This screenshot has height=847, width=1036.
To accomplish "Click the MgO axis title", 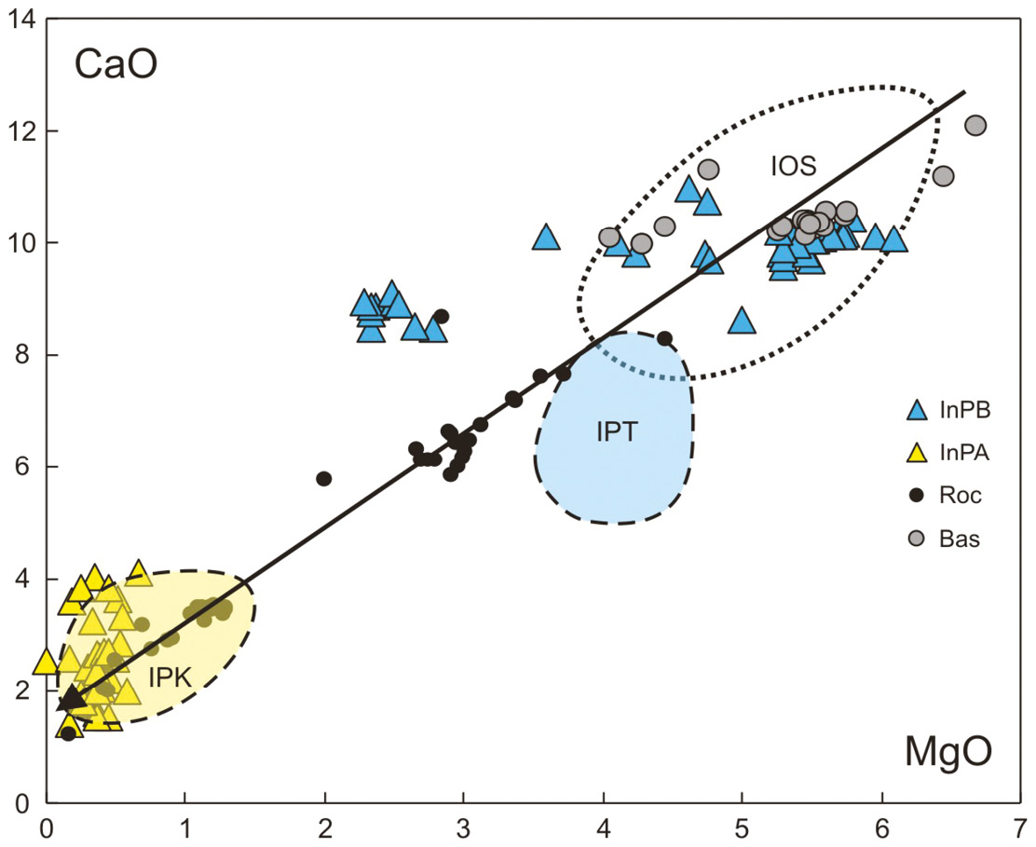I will coord(947,752).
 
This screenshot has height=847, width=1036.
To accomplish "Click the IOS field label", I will coord(793,167).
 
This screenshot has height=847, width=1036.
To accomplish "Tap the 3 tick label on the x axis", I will coord(463,826).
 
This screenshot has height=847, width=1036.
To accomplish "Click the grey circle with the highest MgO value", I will coord(975,125).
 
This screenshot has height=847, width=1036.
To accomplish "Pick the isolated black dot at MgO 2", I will coord(324,479).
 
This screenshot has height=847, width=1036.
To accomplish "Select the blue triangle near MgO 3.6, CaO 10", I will coord(547,238).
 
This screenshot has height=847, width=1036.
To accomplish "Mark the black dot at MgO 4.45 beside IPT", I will coord(664,338).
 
